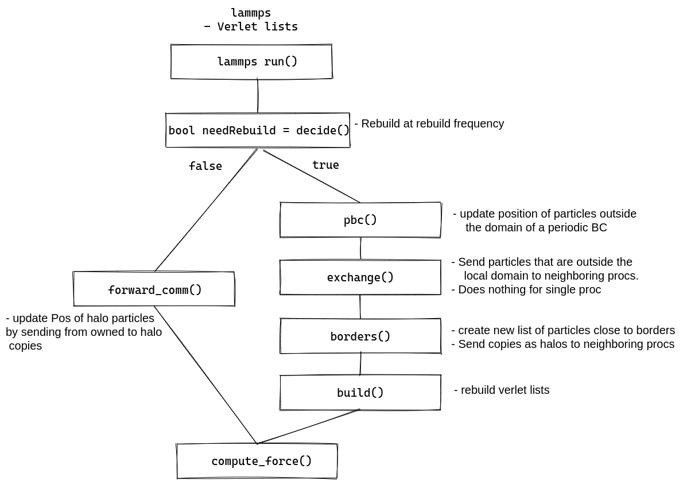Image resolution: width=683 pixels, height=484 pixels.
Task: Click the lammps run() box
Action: coord(251,61)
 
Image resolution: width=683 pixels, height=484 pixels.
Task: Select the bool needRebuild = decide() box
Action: coord(258,130)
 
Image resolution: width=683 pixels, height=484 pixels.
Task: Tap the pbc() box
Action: coord(360,220)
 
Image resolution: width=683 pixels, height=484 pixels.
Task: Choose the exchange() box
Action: coord(360,277)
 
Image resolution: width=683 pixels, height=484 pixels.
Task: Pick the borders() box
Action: coord(360,336)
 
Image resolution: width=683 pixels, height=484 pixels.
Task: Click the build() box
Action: coord(360,393)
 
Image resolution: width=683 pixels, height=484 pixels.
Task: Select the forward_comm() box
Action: coord(154,289)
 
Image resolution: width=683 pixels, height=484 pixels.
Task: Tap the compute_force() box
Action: coord(257,461)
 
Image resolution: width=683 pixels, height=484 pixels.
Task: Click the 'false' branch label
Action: coord(205,166)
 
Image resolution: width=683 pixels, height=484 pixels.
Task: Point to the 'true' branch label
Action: coord(325,165)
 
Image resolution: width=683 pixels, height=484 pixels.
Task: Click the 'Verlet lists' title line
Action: coord(251,26)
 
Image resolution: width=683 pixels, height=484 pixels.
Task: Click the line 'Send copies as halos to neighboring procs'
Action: coord(563,344)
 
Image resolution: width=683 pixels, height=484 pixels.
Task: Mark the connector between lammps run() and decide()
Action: coord(258,96)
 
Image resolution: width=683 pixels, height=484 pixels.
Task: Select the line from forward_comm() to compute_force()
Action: coord(205,375)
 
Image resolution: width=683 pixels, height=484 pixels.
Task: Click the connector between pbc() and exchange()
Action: coord(360,249)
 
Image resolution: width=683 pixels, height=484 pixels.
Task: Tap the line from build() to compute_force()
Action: coord(309,427)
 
